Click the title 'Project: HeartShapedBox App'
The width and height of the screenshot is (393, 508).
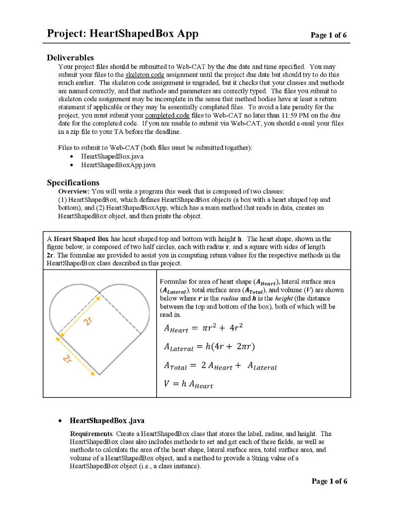(122, 34)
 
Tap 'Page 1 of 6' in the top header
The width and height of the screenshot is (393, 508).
(328, 35)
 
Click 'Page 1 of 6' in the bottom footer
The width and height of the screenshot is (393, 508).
(329, 481)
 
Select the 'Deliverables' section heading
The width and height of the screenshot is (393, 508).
(70, 58)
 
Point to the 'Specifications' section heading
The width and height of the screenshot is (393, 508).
(73, 183)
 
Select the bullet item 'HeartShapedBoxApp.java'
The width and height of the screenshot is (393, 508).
(118, 165)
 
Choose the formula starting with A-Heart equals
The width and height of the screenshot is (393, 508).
(203, 328)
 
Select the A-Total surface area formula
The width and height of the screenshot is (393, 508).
(220, 367)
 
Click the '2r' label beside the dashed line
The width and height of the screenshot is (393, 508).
(88, 320)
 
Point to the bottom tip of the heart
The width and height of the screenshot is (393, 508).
(99, 375)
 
